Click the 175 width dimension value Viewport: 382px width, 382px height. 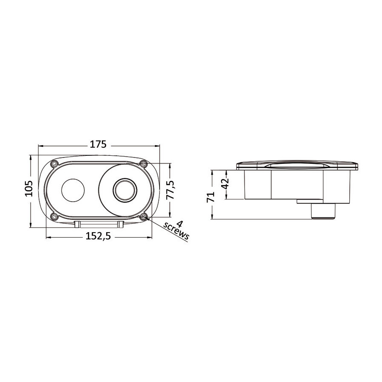pyautogui.click(x=98, y=144)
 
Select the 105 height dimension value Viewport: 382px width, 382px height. pyautogui.click(x=28, y=188)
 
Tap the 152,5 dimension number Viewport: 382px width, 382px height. pyautogui.click(x=98, y=236)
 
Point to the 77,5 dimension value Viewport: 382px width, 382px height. pyautogui.click(x=170, y=190)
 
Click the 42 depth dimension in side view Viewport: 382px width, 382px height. pyautogui.click(x=225, y=184)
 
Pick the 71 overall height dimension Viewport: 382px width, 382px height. pyautogui.click(x=211, y=197)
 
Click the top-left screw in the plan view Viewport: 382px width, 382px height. pyautogui.click(x=53, y=163)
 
